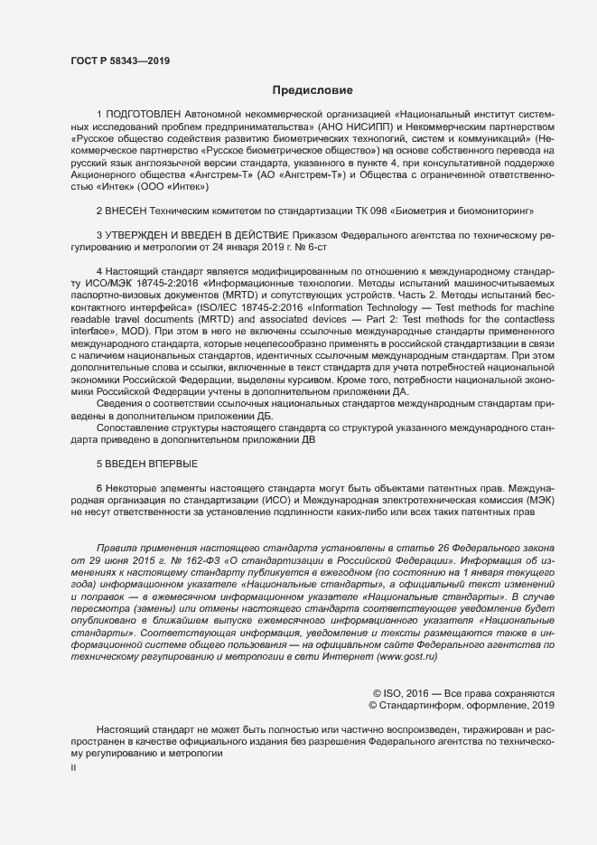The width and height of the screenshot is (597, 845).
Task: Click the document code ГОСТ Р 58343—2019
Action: pos(119,61)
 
